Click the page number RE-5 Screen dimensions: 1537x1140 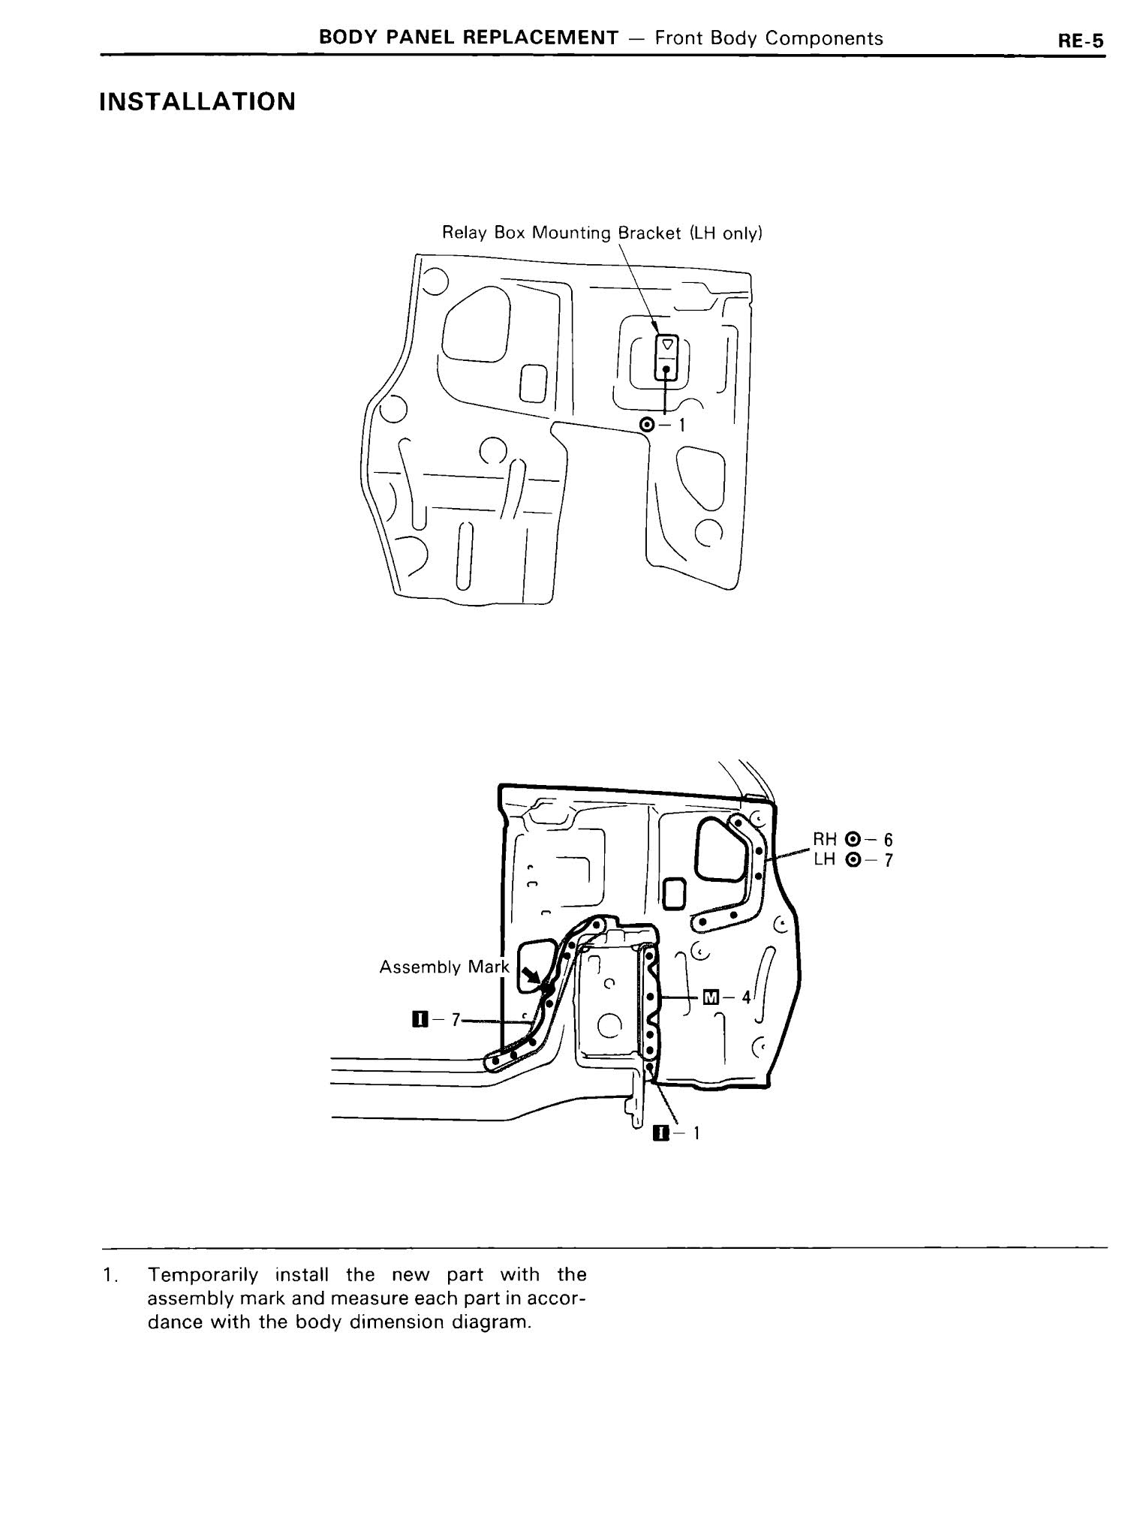[x=1081, y=41]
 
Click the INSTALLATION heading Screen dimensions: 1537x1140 [x=197, y=102]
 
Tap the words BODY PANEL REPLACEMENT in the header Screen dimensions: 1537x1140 [x=468, y=38]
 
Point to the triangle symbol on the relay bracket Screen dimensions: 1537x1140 [x=666, y=347]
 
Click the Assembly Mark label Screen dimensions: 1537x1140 [x=444, y=967]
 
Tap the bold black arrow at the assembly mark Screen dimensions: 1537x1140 [x=533, y=976]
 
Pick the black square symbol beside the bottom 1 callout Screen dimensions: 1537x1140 [x=660, y=1133]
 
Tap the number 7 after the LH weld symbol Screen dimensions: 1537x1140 [x=889, y=860]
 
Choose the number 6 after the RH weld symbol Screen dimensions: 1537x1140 [x=889, y=840]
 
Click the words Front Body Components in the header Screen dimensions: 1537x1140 [x=769, y=38]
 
